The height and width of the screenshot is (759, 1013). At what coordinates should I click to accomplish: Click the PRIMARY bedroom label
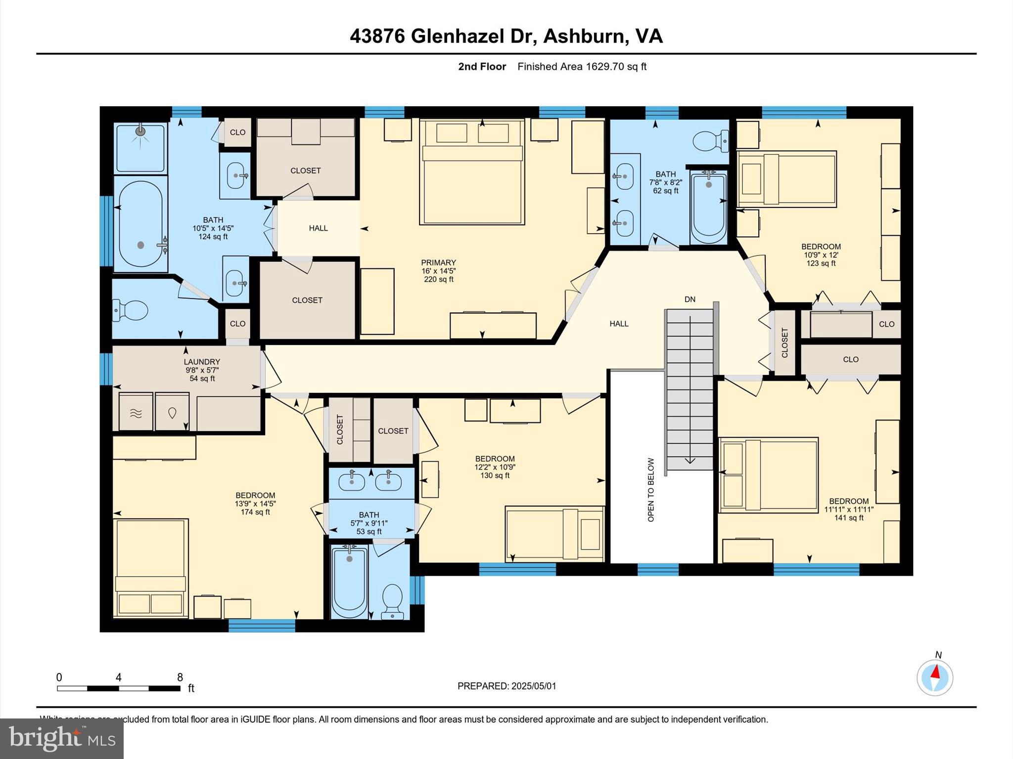click(438, 262)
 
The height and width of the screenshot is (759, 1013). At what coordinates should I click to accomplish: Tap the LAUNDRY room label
click(202, 362)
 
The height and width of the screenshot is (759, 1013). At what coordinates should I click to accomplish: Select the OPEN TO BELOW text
click(651, 490)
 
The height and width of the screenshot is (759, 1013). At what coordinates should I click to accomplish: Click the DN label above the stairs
click(690, 299)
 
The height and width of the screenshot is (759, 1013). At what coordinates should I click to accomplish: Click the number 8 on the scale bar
click(180, 677)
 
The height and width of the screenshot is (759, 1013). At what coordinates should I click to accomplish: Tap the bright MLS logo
click(62, 738)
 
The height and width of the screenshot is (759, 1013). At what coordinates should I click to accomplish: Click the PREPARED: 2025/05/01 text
click(506, 686)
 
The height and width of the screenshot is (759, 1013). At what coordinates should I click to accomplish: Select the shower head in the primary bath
click(141, 131)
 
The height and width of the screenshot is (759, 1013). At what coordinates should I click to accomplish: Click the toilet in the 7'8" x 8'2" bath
click(711, 141)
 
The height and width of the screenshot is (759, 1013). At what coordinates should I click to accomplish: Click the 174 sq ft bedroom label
click(255, 512)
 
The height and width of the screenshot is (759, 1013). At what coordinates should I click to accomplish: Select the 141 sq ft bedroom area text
click(849, 518)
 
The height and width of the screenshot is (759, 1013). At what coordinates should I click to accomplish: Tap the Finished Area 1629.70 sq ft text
click(582, 67)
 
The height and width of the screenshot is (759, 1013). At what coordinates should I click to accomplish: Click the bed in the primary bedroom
click(472, 178)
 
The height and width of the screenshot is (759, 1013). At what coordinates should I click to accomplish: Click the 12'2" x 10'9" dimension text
click(495, 467)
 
